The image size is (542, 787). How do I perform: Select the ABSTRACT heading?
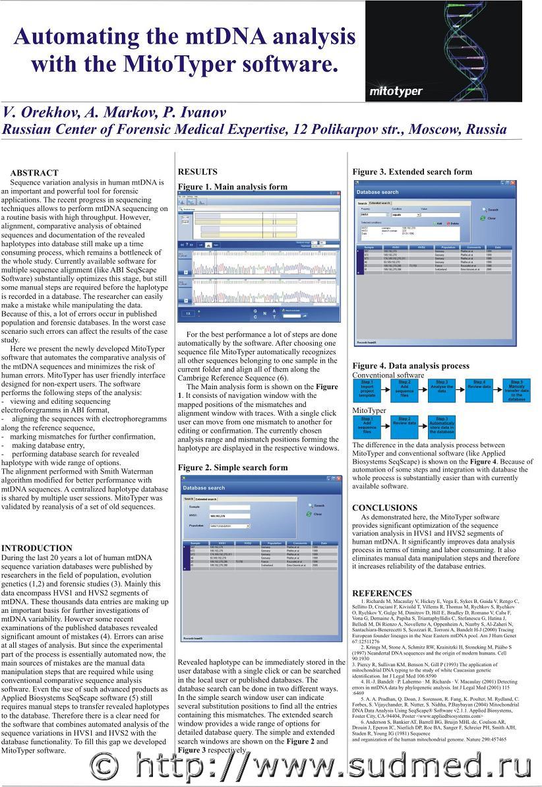(x=34, y=173)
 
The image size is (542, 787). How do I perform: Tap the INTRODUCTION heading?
(x=37, y=548)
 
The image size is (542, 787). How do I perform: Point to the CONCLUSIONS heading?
(x=384, y=508)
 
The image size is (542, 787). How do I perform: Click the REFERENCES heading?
(x=382, y=593)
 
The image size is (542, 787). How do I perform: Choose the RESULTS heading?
(x=197, y=172)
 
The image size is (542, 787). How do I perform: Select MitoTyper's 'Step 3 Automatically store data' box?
(x=442, y=425)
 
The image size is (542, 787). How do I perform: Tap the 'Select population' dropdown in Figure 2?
(x=229, y=526)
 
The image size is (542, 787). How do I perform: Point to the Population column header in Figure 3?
(x=448, y=247)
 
